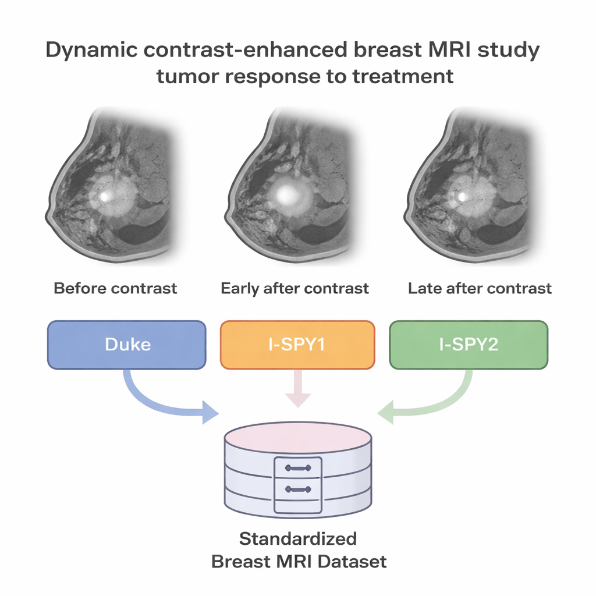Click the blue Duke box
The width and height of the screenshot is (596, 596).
(x=126, y=345)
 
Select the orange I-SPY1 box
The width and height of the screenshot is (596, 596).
(x=297, y=345)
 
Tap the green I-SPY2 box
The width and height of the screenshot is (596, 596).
(x=469, y=345)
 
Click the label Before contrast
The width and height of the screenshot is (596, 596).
(x=115, y=289)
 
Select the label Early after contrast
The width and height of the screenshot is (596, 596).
(x=295, y=289)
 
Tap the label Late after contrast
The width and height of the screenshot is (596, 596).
(x=480, y=289)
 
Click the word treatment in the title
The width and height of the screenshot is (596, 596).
(x=403, y=76)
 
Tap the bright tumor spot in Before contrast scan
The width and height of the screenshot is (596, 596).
(x=105, y=196)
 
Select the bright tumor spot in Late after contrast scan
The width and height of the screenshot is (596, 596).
(x=462, y=197)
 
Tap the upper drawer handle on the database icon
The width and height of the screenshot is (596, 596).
(x=298, y=468)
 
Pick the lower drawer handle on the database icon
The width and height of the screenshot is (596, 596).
(x=298, y=489)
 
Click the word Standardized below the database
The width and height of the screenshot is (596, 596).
(x=298, y=539)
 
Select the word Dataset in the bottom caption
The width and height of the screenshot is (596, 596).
(x=352, y=562)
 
